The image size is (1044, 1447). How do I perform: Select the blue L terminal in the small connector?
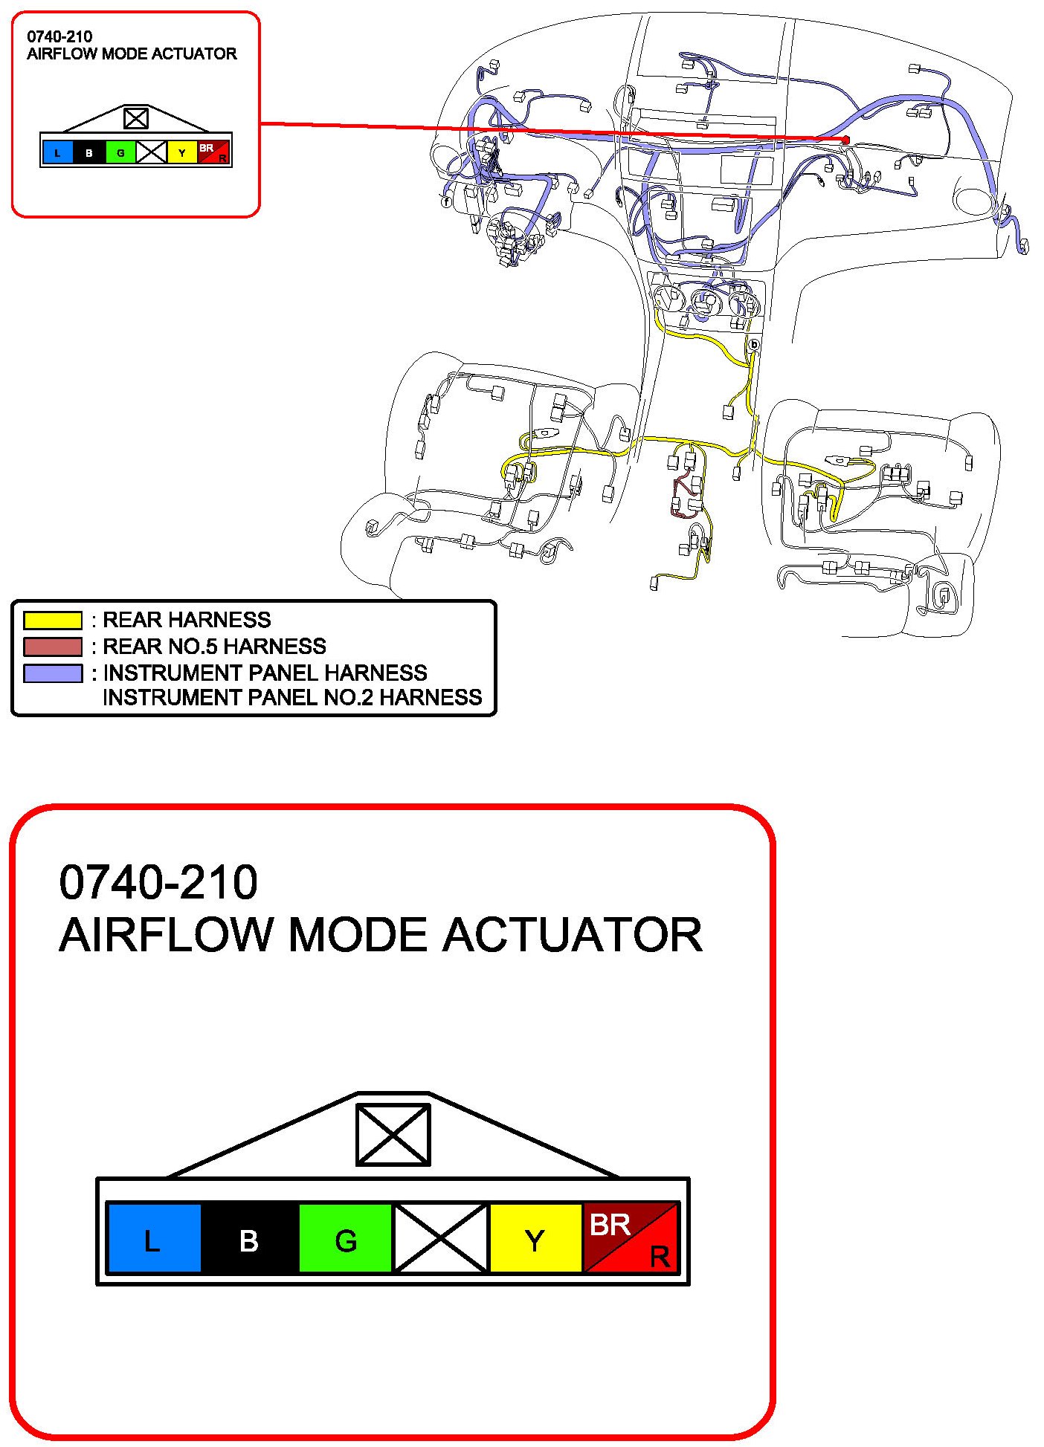[x=58, y=152]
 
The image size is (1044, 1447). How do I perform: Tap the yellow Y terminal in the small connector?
[x=181, y=152]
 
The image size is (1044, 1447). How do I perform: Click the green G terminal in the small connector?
[x=120, y=152]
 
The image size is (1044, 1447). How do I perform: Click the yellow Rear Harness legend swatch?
[x=52, y=620]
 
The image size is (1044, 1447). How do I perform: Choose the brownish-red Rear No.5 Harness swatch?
[x=52, y=646]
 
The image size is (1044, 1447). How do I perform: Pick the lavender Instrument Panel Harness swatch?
[x=52, y=673]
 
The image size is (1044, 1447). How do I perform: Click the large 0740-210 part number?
[x=158, y=882]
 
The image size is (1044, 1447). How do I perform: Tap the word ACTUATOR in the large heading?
[x=572, y=934]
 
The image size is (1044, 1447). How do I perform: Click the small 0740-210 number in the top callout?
[x=59, y=36]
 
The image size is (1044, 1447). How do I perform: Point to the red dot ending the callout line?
[x=845, y=140]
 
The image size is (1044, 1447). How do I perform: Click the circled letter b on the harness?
[x=753, y=344]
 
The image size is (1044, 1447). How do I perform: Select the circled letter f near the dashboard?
[x=446, y=201]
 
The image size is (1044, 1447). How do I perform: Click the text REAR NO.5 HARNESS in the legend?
[x=214, y=646]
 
